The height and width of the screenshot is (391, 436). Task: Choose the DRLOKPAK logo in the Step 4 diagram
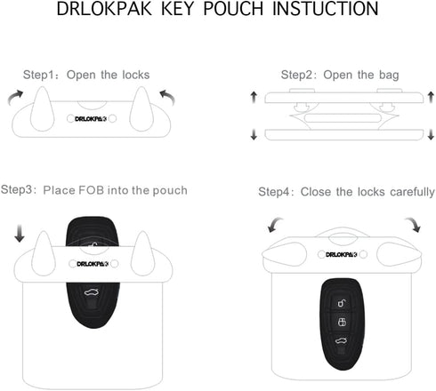[342, 256]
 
